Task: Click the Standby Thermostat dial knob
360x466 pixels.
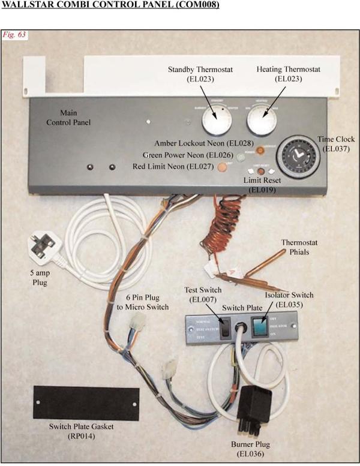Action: tap(217, 121)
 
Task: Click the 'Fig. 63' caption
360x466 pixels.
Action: tap(14, 34)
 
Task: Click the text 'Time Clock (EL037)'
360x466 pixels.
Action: tap(336, 143)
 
